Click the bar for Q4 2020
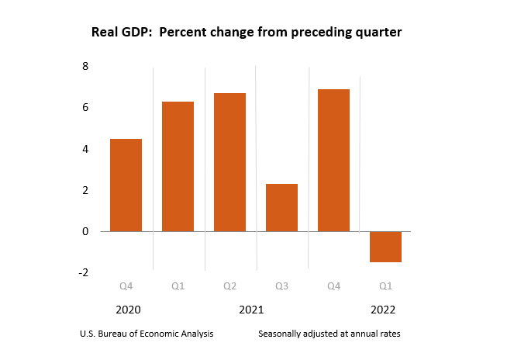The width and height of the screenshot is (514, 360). click(x=126, y=185)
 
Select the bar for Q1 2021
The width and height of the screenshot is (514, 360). click(x=178, y=166)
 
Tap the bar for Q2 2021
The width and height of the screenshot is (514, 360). click(x=229, y=162)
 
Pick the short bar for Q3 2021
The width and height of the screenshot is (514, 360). click(x=281, y=207)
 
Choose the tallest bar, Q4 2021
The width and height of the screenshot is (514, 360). click(x=333, y=160)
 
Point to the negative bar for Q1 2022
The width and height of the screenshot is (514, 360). click(x=385, y=247)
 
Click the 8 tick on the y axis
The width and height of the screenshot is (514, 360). click(x=85, y=67)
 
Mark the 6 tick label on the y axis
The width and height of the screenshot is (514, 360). click(x=85, y=108)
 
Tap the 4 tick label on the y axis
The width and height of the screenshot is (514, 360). click(x=85, y=149)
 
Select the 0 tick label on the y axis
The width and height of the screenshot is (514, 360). click(x=85, y=231)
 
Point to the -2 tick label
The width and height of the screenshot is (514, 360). click(x=83, y=272)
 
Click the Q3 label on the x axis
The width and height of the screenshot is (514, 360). click(x=281, y=286)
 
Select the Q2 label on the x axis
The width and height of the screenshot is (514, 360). click(x=229, y=286)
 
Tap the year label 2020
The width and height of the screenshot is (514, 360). click(x=127, y=310)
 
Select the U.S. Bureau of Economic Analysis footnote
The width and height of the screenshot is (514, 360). click(x=147, y=334)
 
